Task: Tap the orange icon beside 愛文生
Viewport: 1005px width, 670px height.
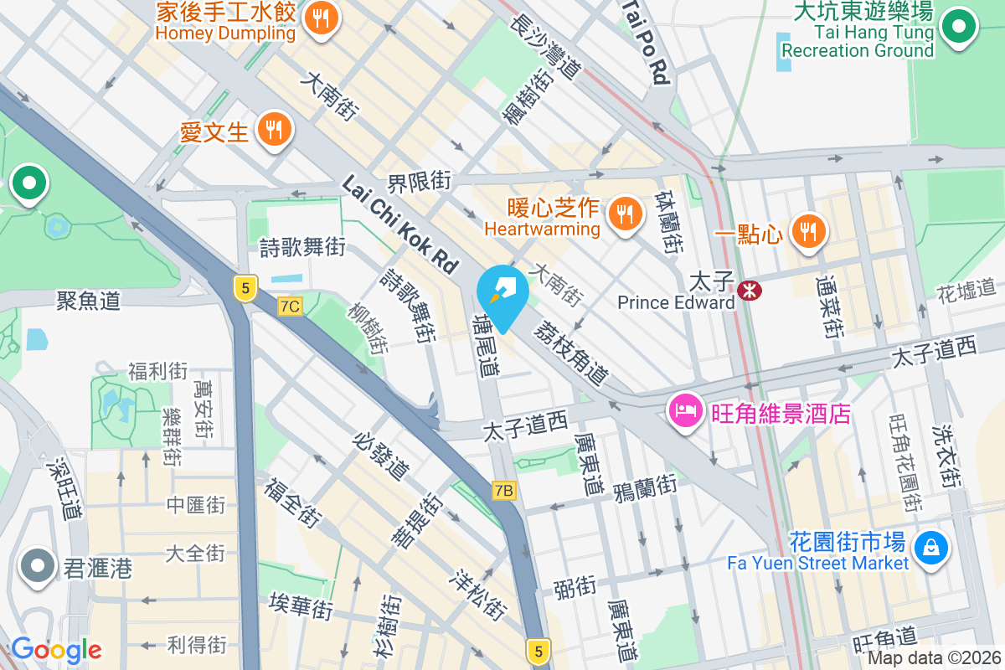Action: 274,130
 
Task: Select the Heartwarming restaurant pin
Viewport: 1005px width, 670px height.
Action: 624,214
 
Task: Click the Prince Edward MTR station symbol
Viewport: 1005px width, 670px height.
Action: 749,291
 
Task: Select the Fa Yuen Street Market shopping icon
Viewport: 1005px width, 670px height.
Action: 930,549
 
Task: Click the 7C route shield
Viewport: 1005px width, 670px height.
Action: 290,307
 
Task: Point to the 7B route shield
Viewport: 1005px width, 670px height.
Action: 503,491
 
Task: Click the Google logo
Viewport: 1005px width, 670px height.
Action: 57,650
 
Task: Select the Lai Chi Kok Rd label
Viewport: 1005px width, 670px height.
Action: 400,224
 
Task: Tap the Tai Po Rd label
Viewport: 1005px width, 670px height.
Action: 648,42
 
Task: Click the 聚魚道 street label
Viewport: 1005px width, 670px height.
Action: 88,299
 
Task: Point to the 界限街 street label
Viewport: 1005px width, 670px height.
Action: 419,182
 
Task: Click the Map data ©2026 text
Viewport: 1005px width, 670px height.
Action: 934,658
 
